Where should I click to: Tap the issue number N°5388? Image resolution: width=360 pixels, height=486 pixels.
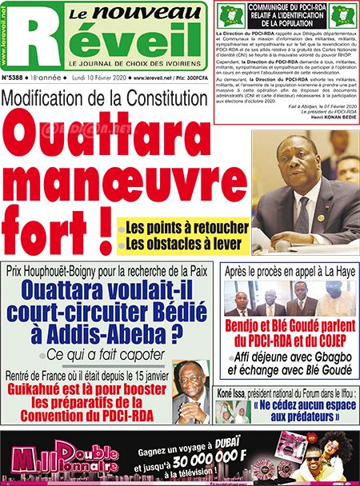16,78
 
